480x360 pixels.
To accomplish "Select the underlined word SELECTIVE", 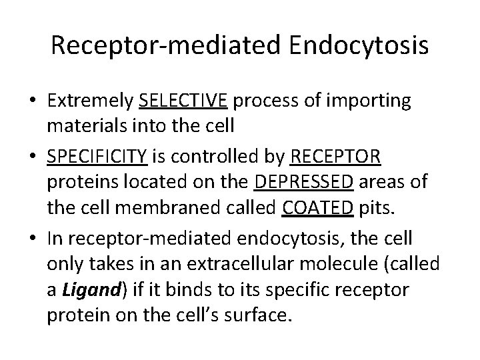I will (184, 101).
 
